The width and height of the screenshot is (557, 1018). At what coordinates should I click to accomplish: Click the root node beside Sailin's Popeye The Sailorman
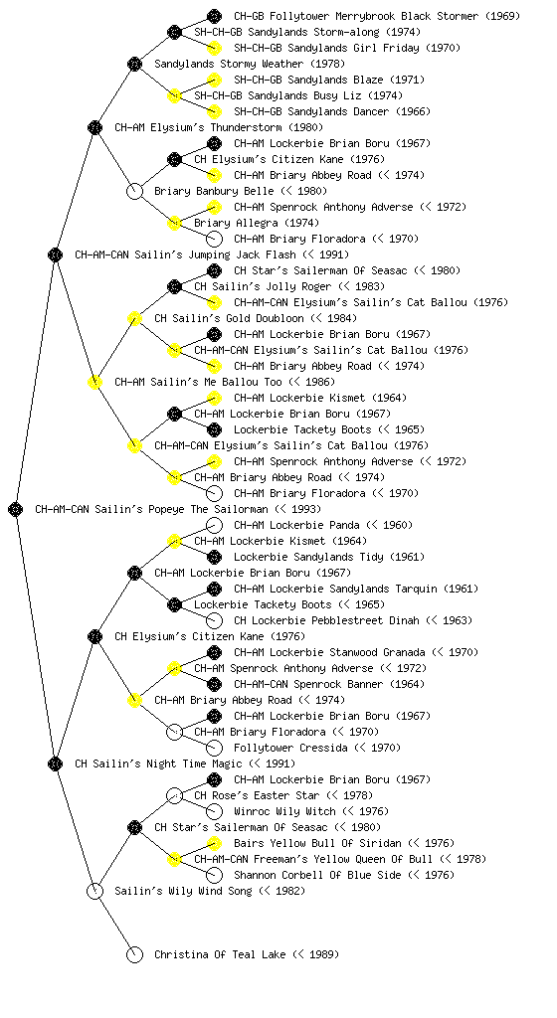tap(16, 510)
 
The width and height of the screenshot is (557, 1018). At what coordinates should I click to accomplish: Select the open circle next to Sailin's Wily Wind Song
tap(94, 891)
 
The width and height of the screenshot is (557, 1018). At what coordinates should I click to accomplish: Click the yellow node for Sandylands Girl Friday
tap(214, 48)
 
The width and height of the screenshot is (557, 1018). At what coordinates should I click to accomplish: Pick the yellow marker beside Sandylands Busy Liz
tap(174, 95)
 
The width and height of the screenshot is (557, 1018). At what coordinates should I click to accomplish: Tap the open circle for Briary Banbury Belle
tap(134, 191)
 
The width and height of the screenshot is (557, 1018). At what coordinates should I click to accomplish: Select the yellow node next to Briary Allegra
tap(174, 223)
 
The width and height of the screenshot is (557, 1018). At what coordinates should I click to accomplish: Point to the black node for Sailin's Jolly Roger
tap(174, 286)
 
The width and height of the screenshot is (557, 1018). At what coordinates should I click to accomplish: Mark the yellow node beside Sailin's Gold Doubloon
tap(134, 318)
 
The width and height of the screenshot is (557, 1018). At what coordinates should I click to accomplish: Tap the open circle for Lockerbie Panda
tap(214, 525)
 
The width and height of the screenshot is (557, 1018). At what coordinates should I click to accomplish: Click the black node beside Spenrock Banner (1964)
tap(214, 684)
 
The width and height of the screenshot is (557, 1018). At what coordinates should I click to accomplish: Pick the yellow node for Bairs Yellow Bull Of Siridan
tap(214, 843)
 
